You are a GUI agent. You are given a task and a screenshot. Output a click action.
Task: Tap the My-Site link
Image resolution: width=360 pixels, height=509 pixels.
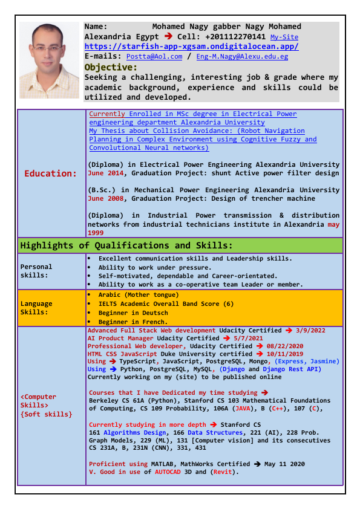tap(284, 37)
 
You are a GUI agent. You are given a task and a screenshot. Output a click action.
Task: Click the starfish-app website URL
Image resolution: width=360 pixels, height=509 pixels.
tap(191, 47)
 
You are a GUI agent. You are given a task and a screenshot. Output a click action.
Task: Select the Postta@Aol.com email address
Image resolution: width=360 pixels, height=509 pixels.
tap(154, 56)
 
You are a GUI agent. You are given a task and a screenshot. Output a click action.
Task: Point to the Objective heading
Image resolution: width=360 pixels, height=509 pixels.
tap(111, 66)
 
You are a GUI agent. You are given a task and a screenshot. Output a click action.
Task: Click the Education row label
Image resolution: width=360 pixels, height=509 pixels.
tap(51, 173)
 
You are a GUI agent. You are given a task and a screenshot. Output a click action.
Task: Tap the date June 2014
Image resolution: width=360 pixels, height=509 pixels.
tap(104, 173)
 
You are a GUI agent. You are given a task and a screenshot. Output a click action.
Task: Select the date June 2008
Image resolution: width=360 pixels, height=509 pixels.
tap(104, 198)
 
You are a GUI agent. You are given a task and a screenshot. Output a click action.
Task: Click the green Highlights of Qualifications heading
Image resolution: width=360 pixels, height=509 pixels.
tap(126, 245)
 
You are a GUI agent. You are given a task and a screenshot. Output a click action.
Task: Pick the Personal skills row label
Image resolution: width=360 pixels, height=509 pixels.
tap(36, 270)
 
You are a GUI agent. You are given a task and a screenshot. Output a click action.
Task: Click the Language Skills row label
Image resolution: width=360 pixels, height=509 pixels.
tap(36, 308)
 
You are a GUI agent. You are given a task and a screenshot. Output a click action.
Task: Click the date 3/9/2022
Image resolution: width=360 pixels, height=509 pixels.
tap(310, 331)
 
